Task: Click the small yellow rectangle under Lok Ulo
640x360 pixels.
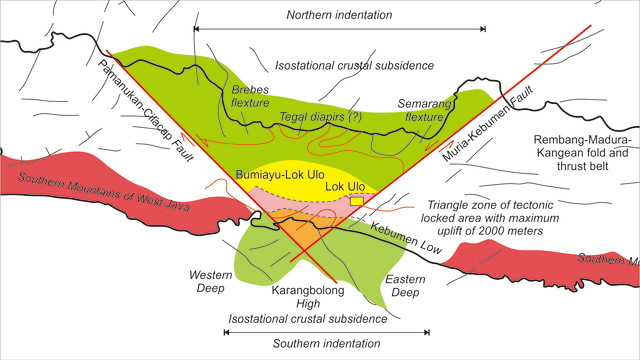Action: tap(356, 202)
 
